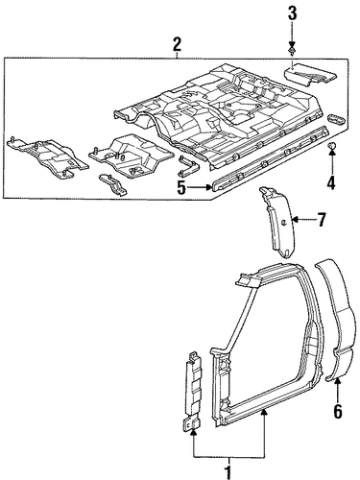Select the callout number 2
tap(178, 45)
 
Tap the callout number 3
tap(292, 15)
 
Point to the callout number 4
tap(331, 183)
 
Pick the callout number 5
tap(181, 188)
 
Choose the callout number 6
tap(338, 411)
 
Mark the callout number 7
tap(321, 220)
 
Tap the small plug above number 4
tap(331, 146)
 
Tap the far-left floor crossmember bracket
tap(47, 156)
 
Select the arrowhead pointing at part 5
tap(207, 187)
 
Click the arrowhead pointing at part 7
tap(295, 220)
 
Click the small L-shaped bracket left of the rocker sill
tap(189, 166)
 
